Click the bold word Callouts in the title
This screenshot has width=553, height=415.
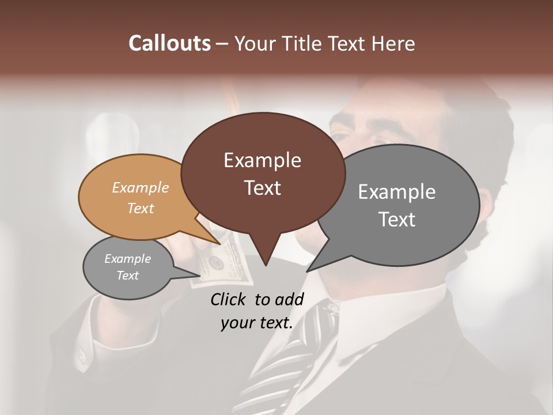pos(169,43)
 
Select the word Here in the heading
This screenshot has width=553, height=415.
pos(393,43)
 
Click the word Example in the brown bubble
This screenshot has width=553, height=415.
pos(262,160)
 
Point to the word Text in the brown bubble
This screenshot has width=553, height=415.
pos(262,188)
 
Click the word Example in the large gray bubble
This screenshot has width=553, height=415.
pos(397,192)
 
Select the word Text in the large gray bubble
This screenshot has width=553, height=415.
pos(397,220)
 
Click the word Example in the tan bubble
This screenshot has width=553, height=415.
pos(141,188)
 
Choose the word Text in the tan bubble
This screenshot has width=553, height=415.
pos(141,208)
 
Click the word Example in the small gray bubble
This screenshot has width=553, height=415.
pos(127,259)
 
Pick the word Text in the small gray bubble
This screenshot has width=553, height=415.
pos(127,276)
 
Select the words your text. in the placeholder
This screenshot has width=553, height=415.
pos(257,323)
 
